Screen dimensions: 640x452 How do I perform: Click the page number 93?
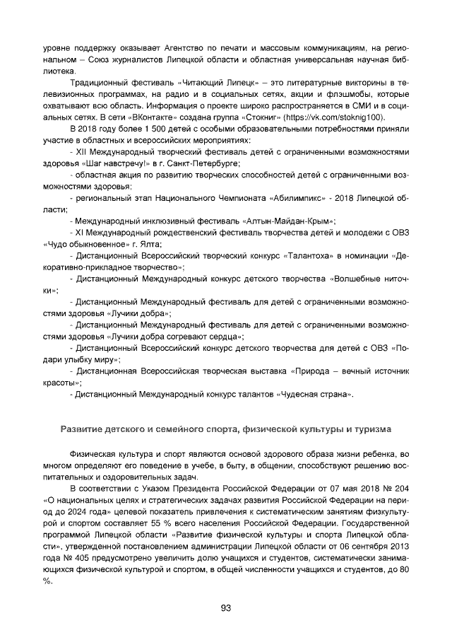coord(226,607)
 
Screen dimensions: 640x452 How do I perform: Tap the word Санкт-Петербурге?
coord(206,163)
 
